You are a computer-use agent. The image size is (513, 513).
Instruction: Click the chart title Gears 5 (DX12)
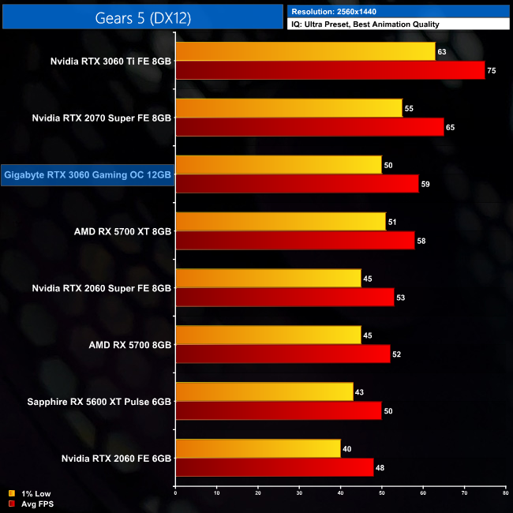tap(142, 17)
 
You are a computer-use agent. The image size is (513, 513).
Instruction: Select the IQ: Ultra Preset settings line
tap(365, 24)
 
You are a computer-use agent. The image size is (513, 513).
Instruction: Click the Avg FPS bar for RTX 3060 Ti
tap(330, 70)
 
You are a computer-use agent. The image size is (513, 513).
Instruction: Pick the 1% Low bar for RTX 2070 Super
tap(289, 108)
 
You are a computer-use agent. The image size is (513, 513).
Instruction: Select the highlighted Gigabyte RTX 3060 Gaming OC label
tap(88, 175)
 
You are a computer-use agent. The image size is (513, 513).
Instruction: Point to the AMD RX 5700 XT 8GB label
tap(122, 232)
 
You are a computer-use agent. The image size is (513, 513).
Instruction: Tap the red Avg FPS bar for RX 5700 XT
tap(295, 241)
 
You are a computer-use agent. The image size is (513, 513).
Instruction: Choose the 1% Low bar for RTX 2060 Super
tap(268, 279)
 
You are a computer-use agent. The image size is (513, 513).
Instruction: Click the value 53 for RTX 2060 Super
tap(403, 298)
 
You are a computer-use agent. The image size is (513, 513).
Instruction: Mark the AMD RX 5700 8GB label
tap(131, 345)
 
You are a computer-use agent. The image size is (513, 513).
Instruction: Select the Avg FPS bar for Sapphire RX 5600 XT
tap(279, 411)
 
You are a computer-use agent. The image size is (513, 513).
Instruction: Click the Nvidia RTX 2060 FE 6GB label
tap(116, 458)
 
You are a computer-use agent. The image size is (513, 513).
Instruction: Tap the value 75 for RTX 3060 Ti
tap(492, 70)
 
